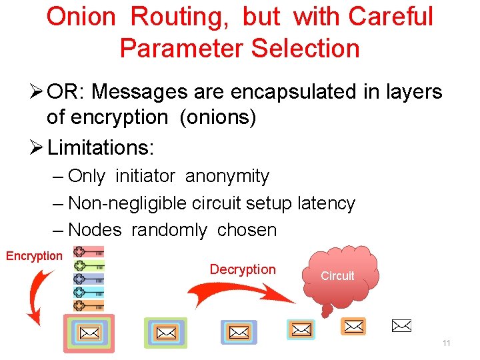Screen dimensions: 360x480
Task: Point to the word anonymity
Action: [x=227, y=177]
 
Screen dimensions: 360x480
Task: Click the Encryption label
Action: [x=34, y=256]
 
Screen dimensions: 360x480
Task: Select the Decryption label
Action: [x=243, y=269]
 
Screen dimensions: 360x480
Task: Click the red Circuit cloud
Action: [x=338, y=275]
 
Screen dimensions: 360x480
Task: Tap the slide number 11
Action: [x=446, y=343]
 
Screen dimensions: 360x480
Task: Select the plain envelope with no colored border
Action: [x=401, y=326]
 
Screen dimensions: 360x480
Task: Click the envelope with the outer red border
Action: [x=89, y=333]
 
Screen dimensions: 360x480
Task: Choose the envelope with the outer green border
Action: [x=165, y=332]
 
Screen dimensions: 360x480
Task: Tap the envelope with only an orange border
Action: [x=353, y=326]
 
